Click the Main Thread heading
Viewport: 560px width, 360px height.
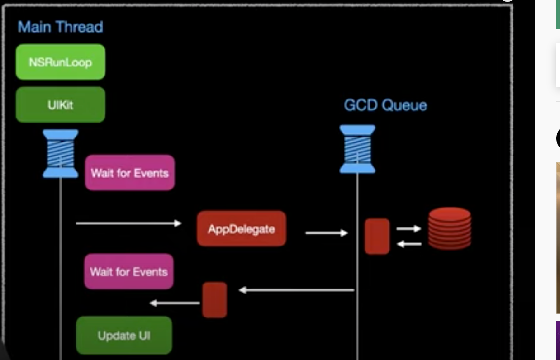(x=60, y=27)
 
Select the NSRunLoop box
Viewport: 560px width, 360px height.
(x=61, y=62)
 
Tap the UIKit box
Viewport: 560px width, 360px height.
(x=61, y=104)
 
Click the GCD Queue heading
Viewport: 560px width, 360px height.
(x=385, y=105)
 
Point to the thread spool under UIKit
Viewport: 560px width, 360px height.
(x=61, y=153)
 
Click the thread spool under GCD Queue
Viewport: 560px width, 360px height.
(x=357, y=149)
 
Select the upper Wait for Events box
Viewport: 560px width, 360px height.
(x=130, y=173)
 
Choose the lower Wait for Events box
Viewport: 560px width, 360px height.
(x=129, y=271)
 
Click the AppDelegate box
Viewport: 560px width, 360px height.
(x=242, y=229)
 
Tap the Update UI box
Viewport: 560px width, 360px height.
(x=124, y=335)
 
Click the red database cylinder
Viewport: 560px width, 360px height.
(x=450, y=228)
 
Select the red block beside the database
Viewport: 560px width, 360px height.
(x=377, y=236)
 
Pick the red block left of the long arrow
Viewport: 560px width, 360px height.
(x=215, y=300)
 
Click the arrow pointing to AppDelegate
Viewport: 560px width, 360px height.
(x=128, y=223)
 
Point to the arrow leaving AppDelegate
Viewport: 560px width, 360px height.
(x=327, y=233)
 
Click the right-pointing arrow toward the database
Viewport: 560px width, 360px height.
(x=409, y=228)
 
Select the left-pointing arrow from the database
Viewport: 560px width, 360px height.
(x=409, y=244)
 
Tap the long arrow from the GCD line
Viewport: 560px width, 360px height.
(x=296, y=290)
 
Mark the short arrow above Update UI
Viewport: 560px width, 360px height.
(x=175, y=303)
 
